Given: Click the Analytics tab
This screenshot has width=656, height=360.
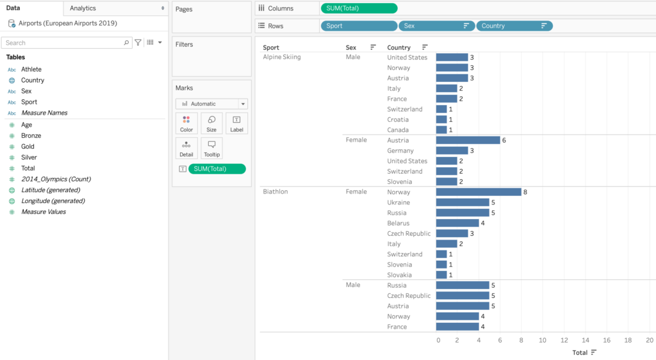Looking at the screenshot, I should (83, 8).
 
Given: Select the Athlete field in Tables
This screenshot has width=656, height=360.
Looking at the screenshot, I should (31, 69).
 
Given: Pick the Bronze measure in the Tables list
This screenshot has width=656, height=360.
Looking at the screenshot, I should (31, 136).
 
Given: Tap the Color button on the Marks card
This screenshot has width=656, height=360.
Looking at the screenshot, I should (186, 123).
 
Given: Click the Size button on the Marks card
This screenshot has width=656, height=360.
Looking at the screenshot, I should (211, 123).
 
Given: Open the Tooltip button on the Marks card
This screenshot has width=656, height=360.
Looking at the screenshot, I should (211, 149).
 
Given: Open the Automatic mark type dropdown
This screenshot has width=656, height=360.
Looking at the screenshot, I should (211, 104).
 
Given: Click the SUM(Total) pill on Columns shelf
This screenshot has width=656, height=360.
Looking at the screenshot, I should (359, 8).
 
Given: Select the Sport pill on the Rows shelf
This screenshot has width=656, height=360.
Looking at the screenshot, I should (359, 26).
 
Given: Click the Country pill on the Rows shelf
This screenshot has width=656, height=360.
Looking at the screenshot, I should (514, 26).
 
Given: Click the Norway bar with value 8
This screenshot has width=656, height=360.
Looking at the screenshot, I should (479, 192).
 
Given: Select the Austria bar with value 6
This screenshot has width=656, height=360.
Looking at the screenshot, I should (468, 140).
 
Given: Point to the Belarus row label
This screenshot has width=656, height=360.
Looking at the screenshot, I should (398, 224).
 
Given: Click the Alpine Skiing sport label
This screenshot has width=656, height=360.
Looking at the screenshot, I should (282, 57).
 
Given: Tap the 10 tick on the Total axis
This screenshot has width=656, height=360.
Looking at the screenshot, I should (543, 340).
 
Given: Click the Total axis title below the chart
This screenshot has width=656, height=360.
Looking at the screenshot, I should (580, 352).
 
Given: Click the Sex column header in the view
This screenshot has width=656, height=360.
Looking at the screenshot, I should (351, 47).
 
